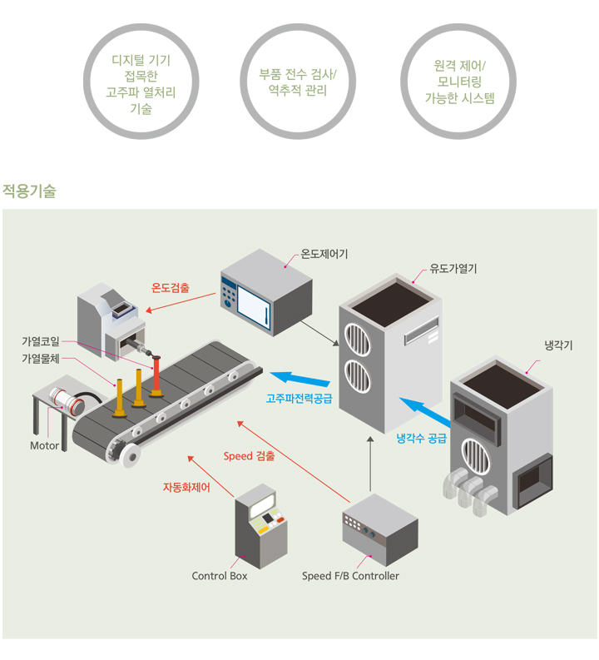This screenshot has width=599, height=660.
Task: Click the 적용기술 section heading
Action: [x=29, y=191]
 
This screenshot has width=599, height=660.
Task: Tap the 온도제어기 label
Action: [x=324, y=254]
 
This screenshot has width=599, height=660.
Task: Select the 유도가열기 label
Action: [x=453, y=269]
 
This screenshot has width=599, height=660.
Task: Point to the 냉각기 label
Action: [x=558, y=345]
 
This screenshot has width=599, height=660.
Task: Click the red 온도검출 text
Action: [x=171, y=288]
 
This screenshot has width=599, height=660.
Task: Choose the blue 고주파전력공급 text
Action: [x=299, y=398]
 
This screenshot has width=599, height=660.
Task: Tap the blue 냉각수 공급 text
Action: [x=421, y=439]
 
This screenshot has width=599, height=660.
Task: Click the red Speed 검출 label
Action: [x=249, y=456]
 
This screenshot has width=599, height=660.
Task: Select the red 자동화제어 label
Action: [x=186, y=488]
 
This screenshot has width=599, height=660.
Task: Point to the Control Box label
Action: [x=220, y=576]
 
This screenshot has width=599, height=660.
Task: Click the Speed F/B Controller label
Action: [x=350, y=576]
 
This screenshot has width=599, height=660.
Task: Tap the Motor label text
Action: [x=44, y=446]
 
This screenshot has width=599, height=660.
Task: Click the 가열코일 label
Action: [x=41, y=341]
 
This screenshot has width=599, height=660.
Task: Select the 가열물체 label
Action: [x=41, y=359]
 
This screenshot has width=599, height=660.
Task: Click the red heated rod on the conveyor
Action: [x=156, y=376]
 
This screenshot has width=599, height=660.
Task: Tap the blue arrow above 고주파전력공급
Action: [x=300, y=378]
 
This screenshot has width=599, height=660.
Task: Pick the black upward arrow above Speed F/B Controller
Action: [x=370, y=464]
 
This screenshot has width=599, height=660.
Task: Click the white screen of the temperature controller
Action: [x=254, y=307]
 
